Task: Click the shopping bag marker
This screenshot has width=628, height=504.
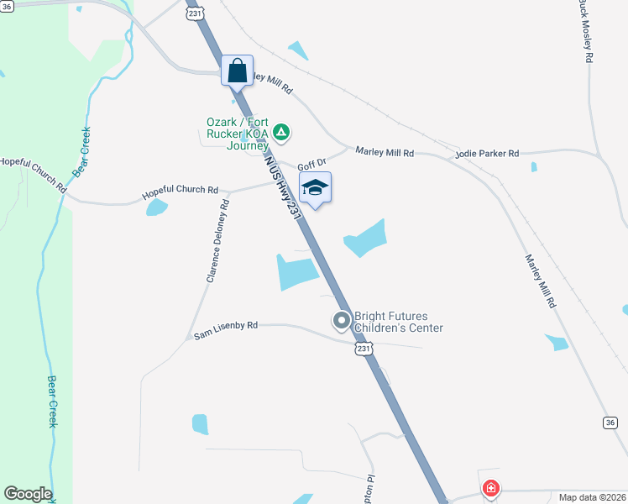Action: (x=238, y=70)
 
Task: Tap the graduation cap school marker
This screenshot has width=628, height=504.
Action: (x=315, y=187)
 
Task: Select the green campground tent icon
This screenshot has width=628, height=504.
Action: (x=283, y=132)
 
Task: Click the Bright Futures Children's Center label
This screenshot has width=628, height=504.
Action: (x=398, y=322)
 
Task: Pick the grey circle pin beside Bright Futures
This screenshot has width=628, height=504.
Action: (x=342, y=320)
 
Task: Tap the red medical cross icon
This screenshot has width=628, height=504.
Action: (x=490, y=488)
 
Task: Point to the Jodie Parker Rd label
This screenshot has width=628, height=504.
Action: (x=487, y=154)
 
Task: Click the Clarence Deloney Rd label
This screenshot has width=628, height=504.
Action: (x=216, y=240)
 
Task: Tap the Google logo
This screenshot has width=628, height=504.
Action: (x=28, y=494)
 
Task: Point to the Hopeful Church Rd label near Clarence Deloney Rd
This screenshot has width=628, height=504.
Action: (x=180, y=192)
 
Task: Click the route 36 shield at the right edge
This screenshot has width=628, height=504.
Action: (x=610, y=422)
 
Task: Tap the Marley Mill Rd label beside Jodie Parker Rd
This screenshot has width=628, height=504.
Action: (x=385, y=152)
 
